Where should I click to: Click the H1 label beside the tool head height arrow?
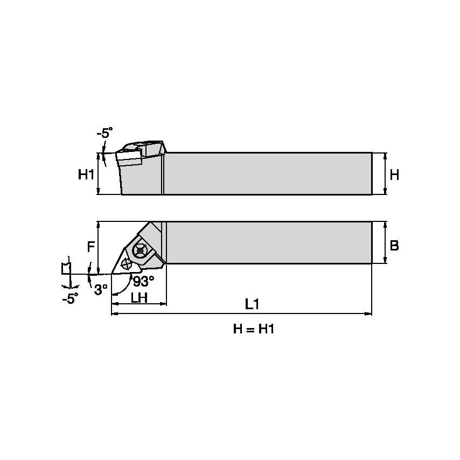[86, 175]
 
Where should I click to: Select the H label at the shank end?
[394, 175]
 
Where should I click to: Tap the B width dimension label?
[394, 246]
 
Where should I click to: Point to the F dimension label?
[91, 247]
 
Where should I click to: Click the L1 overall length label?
[252, 304]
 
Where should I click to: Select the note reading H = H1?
[254, 329]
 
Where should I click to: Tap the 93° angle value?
[143, 281]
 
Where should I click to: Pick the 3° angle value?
[101, 290]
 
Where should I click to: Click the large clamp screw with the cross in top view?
[142, 250]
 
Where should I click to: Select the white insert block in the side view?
[130, 159]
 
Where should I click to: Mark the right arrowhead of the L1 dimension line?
[370, 312]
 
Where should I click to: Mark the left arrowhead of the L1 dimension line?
[114, 312]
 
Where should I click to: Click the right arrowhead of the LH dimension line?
[164, 304]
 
